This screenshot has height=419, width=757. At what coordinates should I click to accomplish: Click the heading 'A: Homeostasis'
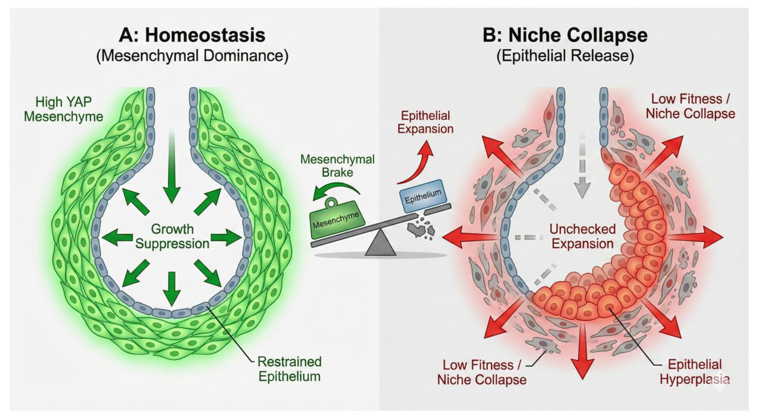(x=192, y=35)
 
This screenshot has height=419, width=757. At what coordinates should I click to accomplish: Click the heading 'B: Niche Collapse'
(x=565, y=35)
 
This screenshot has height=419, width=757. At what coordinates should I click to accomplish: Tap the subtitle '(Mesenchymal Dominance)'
(x=192, y=56)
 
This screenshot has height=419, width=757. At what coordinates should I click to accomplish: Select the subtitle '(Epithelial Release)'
(x=565, y=56)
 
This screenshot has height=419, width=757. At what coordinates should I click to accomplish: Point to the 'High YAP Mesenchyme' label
(x=63, y=109)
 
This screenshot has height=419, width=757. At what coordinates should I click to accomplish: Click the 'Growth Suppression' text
(x=172, y=236)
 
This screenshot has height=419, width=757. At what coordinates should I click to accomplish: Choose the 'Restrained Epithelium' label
(x=289, y=369)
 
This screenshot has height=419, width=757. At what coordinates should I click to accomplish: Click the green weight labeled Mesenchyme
(x=336, y=221)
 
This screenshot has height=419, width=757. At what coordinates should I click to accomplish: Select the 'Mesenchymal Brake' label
(x=337, y=166)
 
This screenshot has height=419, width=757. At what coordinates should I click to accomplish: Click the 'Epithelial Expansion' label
(x=425, y=122)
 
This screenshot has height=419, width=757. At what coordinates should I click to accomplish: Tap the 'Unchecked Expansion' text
(x=582, y=236)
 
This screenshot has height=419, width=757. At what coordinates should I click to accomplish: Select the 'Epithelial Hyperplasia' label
(x=694, y=372)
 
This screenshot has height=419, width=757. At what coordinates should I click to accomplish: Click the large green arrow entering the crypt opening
(x=172, y=167)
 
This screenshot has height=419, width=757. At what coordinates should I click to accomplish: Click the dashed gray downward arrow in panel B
(x=582, y=167)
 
